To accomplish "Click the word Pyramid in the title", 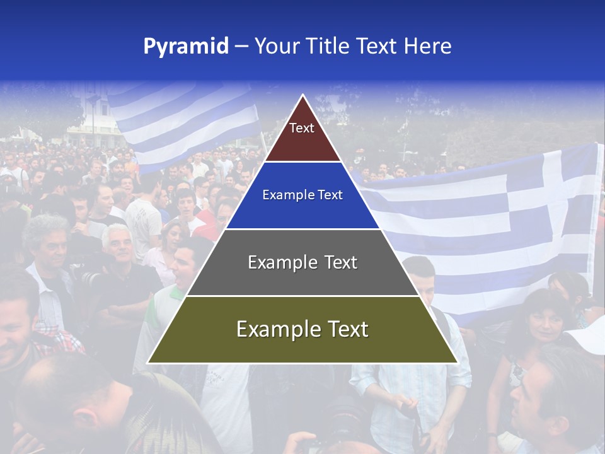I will [x=186, y=47].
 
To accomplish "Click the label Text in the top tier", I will [x=302, y=128].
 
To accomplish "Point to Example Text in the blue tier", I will [x=302, y=195].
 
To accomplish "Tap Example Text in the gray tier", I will [x=302, y=262].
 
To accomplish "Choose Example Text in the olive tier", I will [x=302, y=329].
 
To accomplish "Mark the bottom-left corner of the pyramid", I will [x=148, y=363].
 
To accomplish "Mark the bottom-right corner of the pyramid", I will [x=457, y=363].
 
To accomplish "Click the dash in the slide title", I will [x=241, y=47].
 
